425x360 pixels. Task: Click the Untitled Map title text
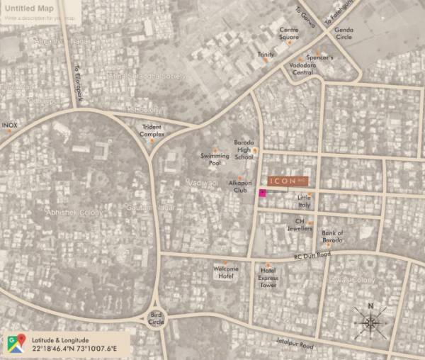click(x=28, y=9)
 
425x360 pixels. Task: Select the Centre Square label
click(x=288, y=33)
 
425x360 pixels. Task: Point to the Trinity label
click(x=266, y=55)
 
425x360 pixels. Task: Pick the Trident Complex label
click(x=152, y=130)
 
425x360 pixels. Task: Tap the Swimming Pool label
click(x=214, y=159)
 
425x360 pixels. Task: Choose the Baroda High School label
click(x=244, y=150)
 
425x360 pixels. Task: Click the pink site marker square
click(x=262, y=193)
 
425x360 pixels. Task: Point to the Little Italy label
click(x=303, y=201)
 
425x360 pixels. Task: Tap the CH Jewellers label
click(x=304, y=225)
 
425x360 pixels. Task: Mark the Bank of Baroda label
click(x=332, y=236)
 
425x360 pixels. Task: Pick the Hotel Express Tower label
click(x=268, y=274)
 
